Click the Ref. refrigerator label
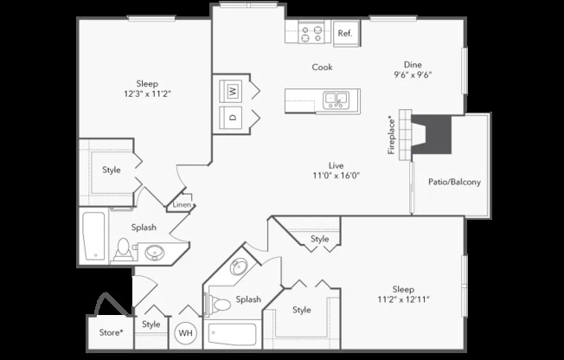345,34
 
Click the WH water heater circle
186,333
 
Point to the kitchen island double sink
336,100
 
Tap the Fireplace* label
391,135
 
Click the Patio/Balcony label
454,182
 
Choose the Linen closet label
182,204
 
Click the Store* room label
111,332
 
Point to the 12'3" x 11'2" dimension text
147,94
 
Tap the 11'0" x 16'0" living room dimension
336,176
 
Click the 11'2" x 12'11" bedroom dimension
404,299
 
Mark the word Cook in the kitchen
323,67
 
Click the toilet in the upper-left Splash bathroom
124,250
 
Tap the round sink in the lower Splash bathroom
239,267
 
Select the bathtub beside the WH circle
233,334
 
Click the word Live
336,165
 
